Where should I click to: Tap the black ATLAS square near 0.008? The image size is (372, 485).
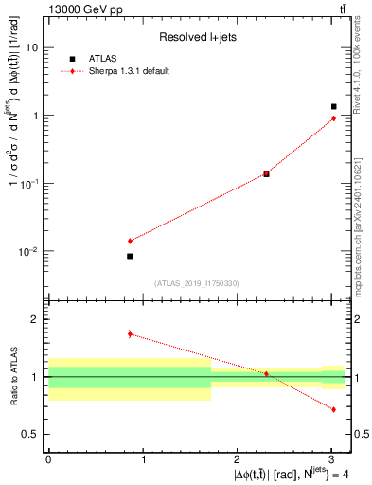click(x=130, y=256)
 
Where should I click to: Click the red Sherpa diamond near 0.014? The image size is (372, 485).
click(x=130, y=241)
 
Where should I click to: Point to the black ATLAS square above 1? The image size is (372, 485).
click(x=333, y=106)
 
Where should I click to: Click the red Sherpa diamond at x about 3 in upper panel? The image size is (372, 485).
click(x=333, y=118)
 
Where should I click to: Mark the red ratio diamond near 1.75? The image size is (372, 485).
click(x=130, y=333)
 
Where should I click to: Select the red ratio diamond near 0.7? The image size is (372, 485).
click(x=333, y=409)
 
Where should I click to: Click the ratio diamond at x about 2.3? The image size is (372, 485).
click(x=266, y=374)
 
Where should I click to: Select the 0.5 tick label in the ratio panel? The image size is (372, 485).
click(x=31, y=434)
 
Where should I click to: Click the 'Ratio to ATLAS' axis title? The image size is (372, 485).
click(x=12, y=377)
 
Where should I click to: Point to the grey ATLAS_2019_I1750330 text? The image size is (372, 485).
click(x=197, y=283)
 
